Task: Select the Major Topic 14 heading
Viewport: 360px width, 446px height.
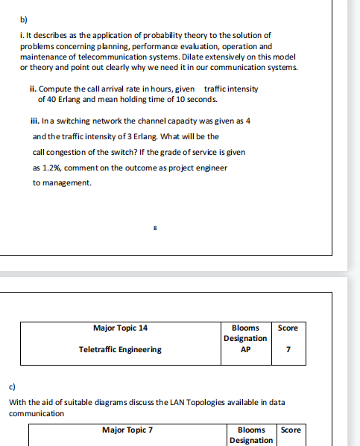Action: [x=120, y=328]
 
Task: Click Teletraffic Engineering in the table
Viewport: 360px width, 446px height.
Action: [x=120, y=349]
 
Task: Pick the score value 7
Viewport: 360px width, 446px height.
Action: [x=287, y=349]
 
